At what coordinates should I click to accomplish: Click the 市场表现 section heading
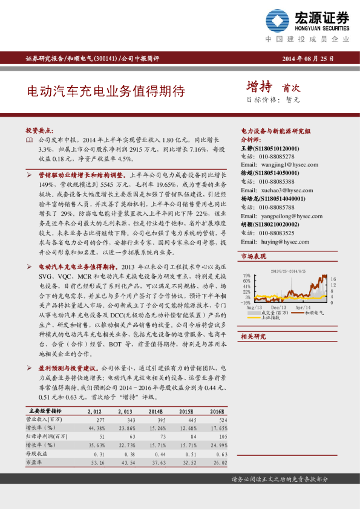pos(254,257)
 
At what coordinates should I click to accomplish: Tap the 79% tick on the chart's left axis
pos(247,275)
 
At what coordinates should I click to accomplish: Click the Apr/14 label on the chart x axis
pos(303,307)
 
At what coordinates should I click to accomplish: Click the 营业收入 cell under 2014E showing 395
pos(158,419)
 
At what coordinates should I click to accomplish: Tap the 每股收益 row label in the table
pos(36,453)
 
